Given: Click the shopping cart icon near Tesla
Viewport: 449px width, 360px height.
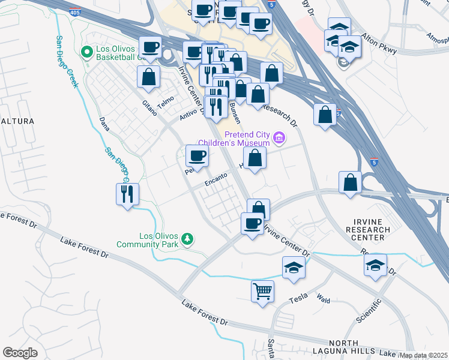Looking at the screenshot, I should point(263,292).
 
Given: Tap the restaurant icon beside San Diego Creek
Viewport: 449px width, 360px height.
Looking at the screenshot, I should point(127,194).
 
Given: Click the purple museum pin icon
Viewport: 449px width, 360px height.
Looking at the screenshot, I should point(278,139).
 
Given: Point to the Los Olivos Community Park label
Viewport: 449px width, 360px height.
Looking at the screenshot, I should point(159,240).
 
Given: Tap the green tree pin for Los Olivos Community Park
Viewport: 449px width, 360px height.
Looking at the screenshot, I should point(187,239).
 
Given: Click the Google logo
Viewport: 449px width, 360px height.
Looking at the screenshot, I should point(20,353).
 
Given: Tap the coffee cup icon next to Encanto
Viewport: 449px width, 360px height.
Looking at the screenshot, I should point(197,157).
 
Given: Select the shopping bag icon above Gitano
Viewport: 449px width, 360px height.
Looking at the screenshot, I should point(148,77).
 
